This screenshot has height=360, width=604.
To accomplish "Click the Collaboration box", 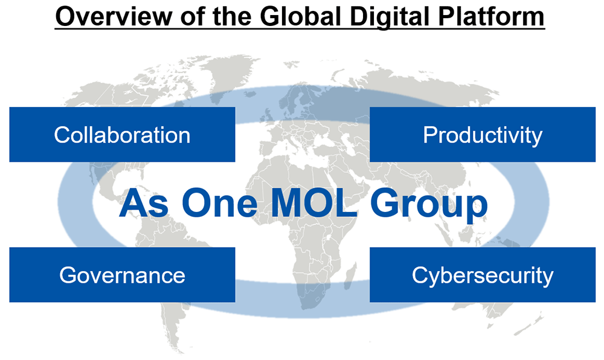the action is point(122,134).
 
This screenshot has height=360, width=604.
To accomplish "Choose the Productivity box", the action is point(482,134).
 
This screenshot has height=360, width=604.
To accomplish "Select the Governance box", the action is point(122,275).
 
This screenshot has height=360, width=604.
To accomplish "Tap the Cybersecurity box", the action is point(482,275).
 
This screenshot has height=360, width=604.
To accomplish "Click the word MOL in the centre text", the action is point(314,202).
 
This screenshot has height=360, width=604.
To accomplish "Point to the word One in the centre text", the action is point(220,202).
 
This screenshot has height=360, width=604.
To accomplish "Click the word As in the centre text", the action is point(144,202).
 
